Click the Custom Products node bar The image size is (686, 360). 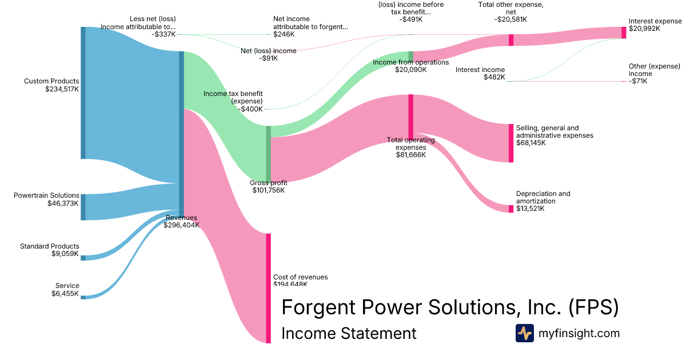point(83,93)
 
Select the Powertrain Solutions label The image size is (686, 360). point(46,195)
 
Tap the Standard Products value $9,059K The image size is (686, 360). point(65,254)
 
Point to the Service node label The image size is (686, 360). point(67,286)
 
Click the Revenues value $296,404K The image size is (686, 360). point(181,225)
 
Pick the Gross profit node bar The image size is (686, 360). point(268,154)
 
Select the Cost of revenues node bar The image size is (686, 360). point(268,288)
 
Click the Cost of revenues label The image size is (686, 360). point(301,277)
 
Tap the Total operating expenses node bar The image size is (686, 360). point(410,116)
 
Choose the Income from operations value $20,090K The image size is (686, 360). point(410,70)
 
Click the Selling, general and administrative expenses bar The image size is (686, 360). point(511,143)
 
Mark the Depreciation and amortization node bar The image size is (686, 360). point(511,209)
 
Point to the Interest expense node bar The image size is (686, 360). point(624,33)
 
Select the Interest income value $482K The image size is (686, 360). point(494,77)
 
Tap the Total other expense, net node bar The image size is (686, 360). point(511,40)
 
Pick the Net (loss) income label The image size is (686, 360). point(269,51)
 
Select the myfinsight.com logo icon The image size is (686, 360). point(524,333)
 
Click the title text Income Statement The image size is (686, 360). point(349,333)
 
